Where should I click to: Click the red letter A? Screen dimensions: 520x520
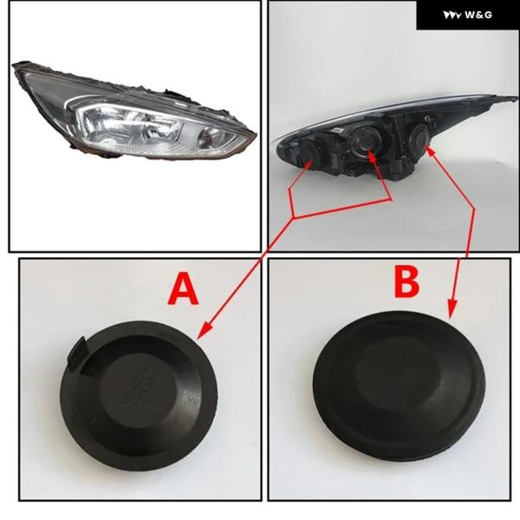[183, 289]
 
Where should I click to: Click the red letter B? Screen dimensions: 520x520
[406, 283]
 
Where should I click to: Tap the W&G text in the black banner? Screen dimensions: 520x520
[478, 15]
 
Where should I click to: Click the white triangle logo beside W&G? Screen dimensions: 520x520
[452, 15]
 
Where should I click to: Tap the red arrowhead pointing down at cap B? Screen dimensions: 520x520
[452, 309]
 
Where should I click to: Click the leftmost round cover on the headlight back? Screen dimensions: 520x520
[308, 153]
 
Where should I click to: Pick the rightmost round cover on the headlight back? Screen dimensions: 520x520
[419, 136]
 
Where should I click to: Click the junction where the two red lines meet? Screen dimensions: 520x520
[293, 218]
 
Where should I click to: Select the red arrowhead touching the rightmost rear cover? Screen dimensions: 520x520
[430, 151]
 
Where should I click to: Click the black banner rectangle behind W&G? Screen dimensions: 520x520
[468, 15]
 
